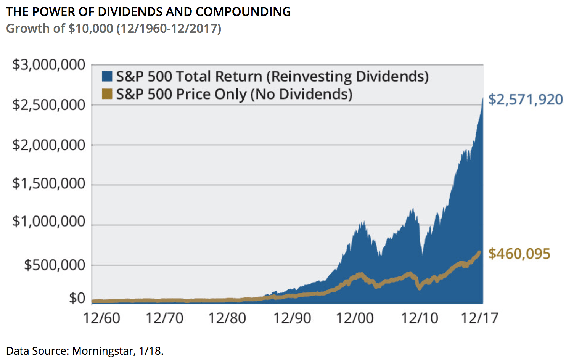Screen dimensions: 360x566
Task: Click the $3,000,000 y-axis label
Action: coord(49,65)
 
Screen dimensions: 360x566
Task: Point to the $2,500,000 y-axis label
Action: coord(49,105)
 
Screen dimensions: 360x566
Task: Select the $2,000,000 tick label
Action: coord(49,145)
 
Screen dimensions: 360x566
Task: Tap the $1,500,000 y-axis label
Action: coord(49,183)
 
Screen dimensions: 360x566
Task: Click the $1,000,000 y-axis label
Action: coord(49,221)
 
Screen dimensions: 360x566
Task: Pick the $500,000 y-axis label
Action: coord(55,265)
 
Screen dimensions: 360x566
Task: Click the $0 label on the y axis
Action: coord(77,298)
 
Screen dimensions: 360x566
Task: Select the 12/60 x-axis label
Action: coord(101,318)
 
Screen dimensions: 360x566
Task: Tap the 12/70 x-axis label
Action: coord(164,318)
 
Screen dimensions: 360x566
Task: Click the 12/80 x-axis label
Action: coord(227,318)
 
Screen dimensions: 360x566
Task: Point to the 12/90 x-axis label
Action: coord(292,318)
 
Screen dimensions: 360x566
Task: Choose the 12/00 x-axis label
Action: coord(355,318)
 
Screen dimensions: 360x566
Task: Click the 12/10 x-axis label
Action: coord(420,318)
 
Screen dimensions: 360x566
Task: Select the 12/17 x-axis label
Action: coord(479,318)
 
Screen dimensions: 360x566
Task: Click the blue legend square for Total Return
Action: coord(107,76)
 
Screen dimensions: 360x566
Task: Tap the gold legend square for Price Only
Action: coord(107,94)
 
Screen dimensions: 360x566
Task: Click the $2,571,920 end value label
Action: coord(525,100)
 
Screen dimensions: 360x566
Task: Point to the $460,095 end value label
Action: coord(519,254)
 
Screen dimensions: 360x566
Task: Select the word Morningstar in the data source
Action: coord(103,351)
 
